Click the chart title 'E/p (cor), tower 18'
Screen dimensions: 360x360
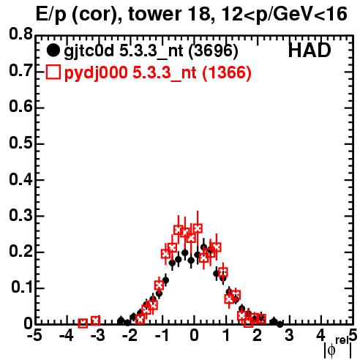(x=121, y=14)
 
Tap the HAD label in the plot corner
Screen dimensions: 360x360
(x=310, y=50)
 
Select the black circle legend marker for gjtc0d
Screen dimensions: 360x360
(x=53, y=50)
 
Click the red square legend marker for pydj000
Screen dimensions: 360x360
(x=53, y=72)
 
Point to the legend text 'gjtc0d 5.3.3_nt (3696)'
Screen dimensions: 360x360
(x=151, y=51)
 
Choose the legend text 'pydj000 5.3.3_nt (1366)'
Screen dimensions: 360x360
(x=157, y=73)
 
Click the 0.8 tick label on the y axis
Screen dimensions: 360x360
(x=20, y=34)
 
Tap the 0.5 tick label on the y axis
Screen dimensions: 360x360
(x=20, y=143)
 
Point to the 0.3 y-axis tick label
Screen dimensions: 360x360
(x=20, y=215)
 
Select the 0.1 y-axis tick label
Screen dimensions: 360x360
(x=21, y=288)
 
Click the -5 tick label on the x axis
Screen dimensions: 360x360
(x=34, y=336)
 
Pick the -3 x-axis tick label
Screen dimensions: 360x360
(x=98, y=336)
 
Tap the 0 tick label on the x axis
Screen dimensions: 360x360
(x=194, y=336)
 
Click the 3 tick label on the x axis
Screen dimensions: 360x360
(x=289, y=336)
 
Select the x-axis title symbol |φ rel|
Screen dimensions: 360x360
(x=338, y=348)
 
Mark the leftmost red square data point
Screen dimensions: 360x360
(x=83, y=323)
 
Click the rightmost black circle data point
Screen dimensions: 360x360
(x=280, y=324)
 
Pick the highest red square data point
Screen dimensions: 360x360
(x=198, y=228)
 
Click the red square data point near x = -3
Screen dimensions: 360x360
(x=96, y=320)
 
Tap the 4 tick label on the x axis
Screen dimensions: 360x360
(x=321, y=336)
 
